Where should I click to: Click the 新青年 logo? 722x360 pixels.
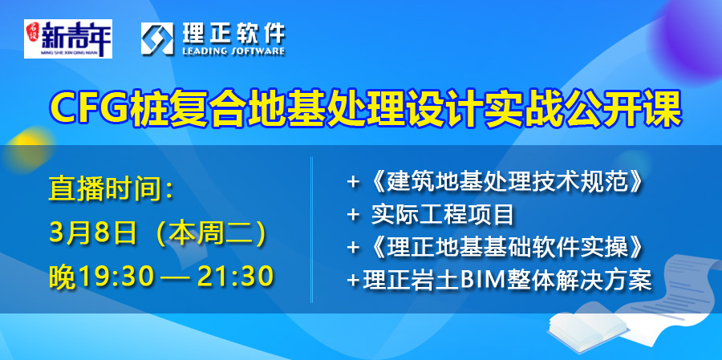tap(68, 38)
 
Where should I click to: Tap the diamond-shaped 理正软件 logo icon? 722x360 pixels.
tap(157, 38)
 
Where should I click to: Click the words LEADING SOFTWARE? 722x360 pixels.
tap(234, 51)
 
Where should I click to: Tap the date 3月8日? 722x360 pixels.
tap(92, 234)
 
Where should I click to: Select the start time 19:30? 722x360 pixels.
tap(116, 277)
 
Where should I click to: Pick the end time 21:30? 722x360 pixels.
tap(236, 277)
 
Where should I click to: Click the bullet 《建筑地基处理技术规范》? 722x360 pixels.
tap(503, 184)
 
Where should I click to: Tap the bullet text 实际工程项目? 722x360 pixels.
tap(442, 216)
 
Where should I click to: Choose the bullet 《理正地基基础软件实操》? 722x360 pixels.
tap(503, 248)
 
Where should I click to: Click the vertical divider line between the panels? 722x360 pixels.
tap(312, 230)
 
